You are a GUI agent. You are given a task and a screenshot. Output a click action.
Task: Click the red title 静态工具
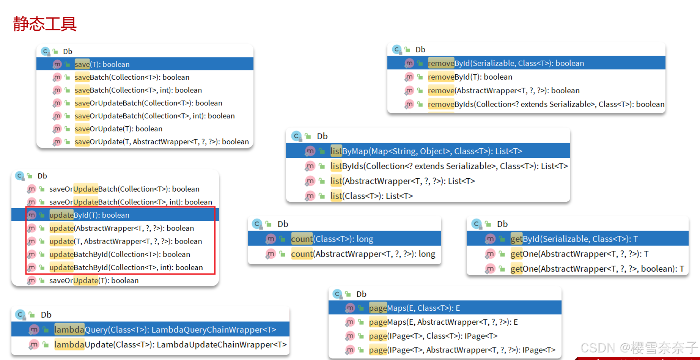(45, 24)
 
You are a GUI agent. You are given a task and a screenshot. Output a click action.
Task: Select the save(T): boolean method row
(102, 64)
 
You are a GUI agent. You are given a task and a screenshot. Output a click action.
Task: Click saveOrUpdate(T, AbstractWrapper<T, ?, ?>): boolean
(162, 142)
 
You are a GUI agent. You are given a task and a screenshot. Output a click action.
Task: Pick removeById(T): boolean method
(470, 77)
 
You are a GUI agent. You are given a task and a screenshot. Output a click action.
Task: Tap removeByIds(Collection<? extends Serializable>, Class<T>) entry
(546, 104)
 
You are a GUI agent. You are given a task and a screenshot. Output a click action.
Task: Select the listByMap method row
(426, 151)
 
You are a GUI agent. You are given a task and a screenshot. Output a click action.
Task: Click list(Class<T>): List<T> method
(371, 196)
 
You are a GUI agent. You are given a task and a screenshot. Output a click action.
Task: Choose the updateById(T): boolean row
(90, 215)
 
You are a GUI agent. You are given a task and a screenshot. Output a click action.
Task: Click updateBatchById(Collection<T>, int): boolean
(126, 267)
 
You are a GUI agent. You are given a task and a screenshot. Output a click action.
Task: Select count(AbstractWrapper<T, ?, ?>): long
(363, 254)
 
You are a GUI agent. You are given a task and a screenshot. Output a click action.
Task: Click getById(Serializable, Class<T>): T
(574, 239)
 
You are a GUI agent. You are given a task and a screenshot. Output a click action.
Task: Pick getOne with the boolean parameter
(597, 269)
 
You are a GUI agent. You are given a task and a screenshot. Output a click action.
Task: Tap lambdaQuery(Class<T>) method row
(165, 330)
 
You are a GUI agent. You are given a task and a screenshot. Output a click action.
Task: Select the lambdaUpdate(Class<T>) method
(170, 344)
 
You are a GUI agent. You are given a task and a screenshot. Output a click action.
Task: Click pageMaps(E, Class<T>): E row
(414, 308)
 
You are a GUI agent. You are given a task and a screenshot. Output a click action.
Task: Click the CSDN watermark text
(639, 347)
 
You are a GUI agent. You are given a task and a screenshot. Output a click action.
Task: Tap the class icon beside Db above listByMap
(296, 136)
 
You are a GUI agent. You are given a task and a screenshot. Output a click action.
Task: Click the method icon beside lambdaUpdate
(34, 344)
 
